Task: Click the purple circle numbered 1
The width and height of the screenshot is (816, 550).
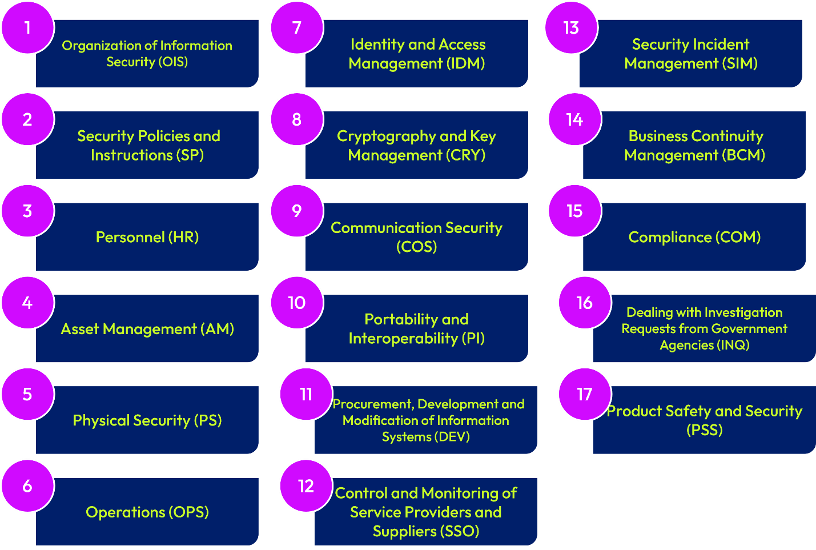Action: [27, 28]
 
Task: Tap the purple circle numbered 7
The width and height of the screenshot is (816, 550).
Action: [297, 28]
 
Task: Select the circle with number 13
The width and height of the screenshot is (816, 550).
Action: [571, 28]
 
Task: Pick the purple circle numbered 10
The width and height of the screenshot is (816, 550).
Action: [297, 303]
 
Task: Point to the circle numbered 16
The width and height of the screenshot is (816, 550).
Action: [585, 303]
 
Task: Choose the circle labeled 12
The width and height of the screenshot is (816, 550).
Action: [306, 486]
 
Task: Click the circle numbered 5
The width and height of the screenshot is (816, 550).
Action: [27, 394]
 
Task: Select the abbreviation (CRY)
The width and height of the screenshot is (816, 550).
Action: [466, 155]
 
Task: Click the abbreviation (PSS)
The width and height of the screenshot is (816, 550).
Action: [705, 430]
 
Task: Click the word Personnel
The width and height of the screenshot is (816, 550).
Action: [130, 237]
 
